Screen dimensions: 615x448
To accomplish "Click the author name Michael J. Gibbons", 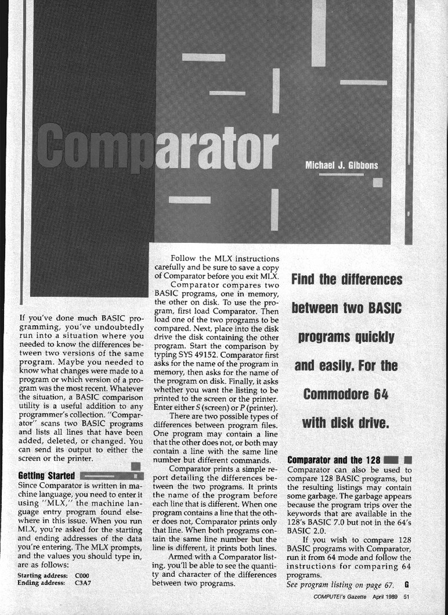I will (x=340, y=166).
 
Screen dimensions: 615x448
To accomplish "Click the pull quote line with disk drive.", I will (x=344, y=422).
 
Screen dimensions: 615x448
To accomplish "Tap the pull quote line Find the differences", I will (x=346, y=279).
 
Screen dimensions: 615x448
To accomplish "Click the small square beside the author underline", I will (x=377, y=182).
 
